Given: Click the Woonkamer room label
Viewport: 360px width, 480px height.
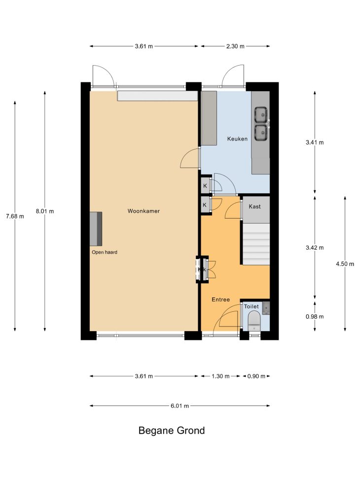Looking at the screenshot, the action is (x=144, y=211).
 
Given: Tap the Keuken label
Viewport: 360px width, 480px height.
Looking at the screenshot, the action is (x=237, y=139).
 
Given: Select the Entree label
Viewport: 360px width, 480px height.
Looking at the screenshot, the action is (x=221, y=300).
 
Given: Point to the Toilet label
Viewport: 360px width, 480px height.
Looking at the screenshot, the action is (x=252, y=306).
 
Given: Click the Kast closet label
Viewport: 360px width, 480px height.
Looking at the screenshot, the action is (x=254, y=206).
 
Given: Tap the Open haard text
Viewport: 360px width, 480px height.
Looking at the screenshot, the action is (x=105, y=252).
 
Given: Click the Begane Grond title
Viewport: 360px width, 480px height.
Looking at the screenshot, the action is (x=172, y=430).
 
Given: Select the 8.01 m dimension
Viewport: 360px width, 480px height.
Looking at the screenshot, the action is (x=45, y=211).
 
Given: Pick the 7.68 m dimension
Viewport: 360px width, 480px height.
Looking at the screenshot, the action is (x=15, y=216).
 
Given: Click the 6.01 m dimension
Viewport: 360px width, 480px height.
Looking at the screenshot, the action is (x=180, y=406).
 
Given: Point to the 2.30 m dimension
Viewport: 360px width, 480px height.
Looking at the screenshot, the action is (x=235, y=46).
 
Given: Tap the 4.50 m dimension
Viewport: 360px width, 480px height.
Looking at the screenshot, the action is (x=345, y=263).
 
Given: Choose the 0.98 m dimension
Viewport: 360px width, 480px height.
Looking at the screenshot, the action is (x=315, y=317).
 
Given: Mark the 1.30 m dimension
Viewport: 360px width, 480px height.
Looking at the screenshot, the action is (x=220, y=376).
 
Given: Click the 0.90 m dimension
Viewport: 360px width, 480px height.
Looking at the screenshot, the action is (x=256, y=376).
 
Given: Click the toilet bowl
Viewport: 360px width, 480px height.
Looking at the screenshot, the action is (x=254, y=321).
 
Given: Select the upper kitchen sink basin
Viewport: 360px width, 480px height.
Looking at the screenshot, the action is (x=261, y=115).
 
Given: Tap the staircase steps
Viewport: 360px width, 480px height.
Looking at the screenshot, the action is (x=256, y=244).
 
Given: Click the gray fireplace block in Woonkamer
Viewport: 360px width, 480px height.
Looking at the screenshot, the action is (x=96, y=229).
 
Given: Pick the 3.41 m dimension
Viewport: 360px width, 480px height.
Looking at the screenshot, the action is (x=315, y=143).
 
